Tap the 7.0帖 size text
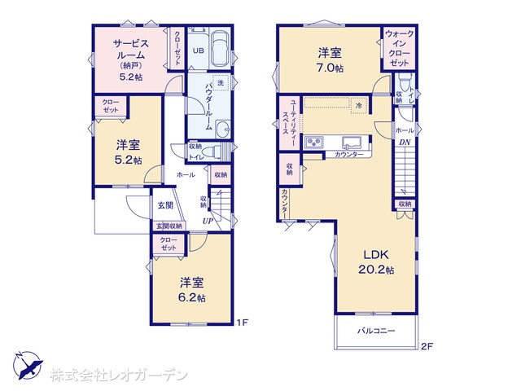[x=331, y=68]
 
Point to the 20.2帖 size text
[x=376, y=270]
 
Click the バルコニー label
[x=376, y=331]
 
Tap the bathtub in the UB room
[x=217, y=51]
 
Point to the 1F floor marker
[x=241, y=323]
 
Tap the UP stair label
[x=208, y=220]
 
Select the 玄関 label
[x=164, y=205]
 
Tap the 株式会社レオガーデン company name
[x=119, y=375]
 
